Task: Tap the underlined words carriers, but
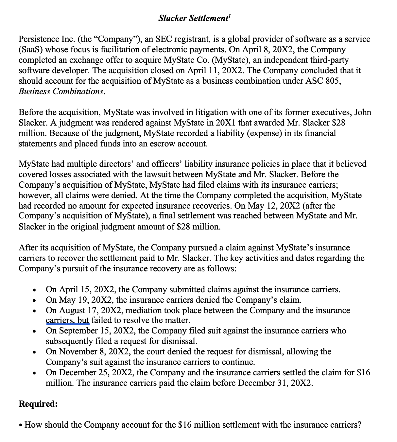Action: tap(67, 320)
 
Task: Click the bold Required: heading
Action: tap(38, 404)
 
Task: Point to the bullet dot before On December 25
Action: tap(34, 373)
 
